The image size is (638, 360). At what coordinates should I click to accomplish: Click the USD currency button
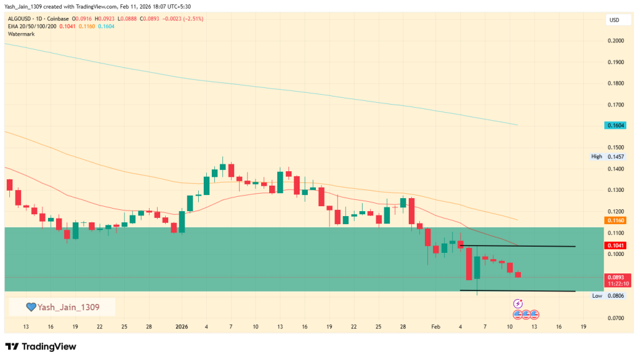[614, 21]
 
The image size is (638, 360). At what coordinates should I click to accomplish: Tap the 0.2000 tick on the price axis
[615, 41]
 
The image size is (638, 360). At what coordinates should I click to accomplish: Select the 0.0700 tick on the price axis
[615, 318]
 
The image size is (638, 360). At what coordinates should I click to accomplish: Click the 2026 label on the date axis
[181, 326]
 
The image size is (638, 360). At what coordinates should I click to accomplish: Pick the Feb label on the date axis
[436, 326]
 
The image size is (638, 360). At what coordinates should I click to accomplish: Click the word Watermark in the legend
[21, 34]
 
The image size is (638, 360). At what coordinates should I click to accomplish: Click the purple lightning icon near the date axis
[518, 303]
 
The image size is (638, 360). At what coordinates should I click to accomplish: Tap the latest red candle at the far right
[518, 275]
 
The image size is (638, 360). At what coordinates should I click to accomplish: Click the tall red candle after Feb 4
[469, 264]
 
